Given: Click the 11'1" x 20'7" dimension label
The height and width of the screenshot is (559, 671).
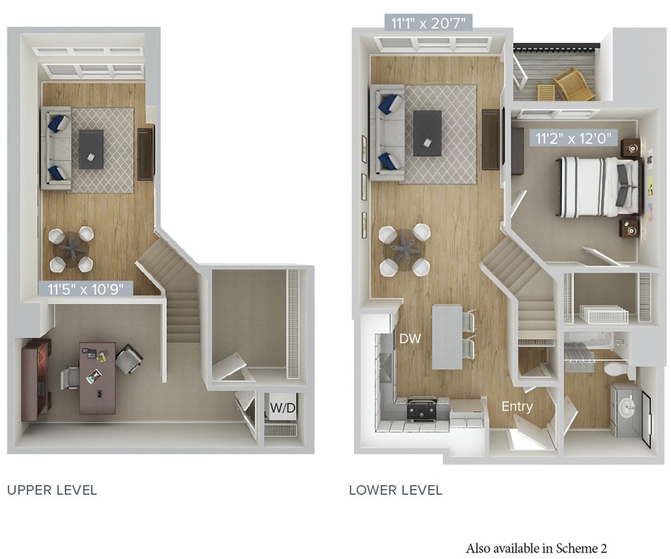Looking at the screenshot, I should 429,24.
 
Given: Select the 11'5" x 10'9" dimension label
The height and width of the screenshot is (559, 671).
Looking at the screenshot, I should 89,288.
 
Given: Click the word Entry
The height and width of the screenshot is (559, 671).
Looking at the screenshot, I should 517,407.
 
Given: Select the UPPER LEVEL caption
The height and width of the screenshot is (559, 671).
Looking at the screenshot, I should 52,491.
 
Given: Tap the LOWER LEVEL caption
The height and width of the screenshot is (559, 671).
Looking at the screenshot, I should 395,491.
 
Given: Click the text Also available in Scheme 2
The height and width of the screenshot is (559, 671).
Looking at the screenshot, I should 536,548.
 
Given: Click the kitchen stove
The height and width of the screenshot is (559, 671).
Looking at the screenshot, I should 423,409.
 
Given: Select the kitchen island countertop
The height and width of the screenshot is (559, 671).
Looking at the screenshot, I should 446,336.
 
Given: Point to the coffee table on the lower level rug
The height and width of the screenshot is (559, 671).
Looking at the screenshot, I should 427,132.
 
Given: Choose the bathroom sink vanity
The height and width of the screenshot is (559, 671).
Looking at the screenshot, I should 625,409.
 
